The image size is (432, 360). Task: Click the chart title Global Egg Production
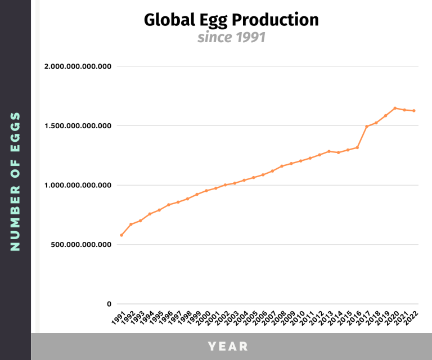click(x=231, y=20)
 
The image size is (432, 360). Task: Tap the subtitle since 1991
click(x=231, y=38)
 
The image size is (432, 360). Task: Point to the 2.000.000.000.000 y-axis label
click(x=78, y=67)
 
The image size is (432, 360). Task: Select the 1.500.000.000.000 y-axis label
click(x=78, y=126)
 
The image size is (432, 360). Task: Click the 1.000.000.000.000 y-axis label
click(x=78, y=185)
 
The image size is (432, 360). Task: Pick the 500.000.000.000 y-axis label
click(x=82, y=245)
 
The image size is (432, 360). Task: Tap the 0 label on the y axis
click(x=110, y=304)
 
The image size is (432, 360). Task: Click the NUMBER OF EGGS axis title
click(x=15, y=181)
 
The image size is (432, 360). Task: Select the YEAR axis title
click(x=228, y=346)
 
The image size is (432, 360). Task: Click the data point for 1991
click(x=121, y=235)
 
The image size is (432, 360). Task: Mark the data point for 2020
click(x=395, y=108)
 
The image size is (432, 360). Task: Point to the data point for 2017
click(x=367, y=127)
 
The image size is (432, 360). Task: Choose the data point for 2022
click(x=414, y=111)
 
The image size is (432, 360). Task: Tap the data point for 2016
click(x=357, y=147)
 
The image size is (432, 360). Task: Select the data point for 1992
click(x=131, y=224)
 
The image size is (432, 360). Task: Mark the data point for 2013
click(x=329, y=151)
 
